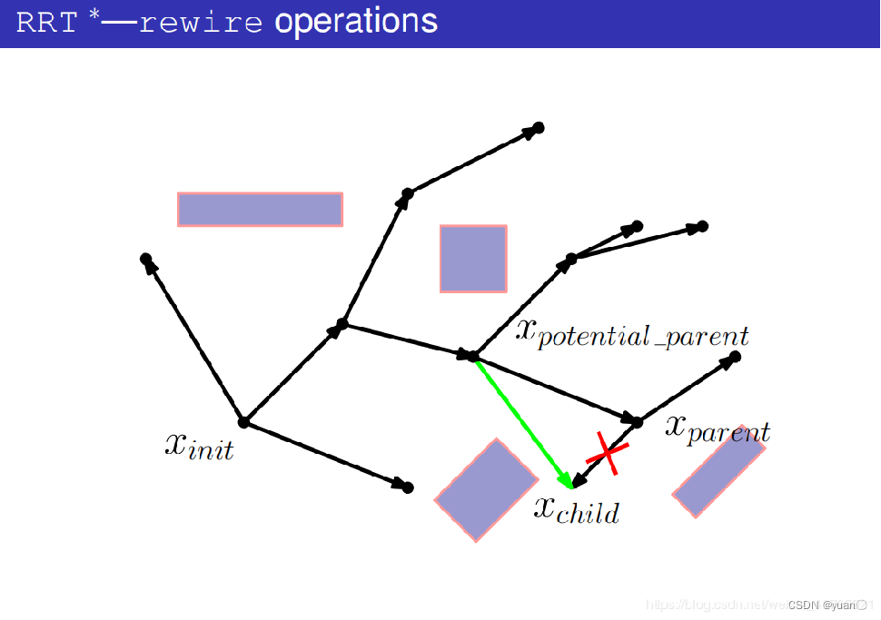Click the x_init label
pyautogui.click(x=199, y=445)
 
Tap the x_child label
pyautogui.click(x=576, y=510)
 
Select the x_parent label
pyautogui.click(x=718, y=428)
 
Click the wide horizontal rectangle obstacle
pyautogui.click(x=260, y=209)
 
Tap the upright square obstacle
pyautogui.click(x=473, y=259)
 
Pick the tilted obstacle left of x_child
pyautogui.click(x=486, y=490)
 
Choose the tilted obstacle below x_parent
pyautogui.click(x=718, y=471)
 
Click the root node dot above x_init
pyautogui.click(x=243, y=422)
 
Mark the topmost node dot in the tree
pyautogui.click(x=538, y=128)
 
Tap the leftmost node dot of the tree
pyautogui.click(x=145, y=260)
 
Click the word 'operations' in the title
pyautogui.click(x=356, y=22)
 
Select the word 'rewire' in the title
pyautogui.click(x=202, y=23)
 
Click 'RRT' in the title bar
pyautogui.click(x=47, y=23)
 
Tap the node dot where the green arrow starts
pyautogui.click(x=472, y=356)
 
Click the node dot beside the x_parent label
pyautogui.click(x=637, y=422)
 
